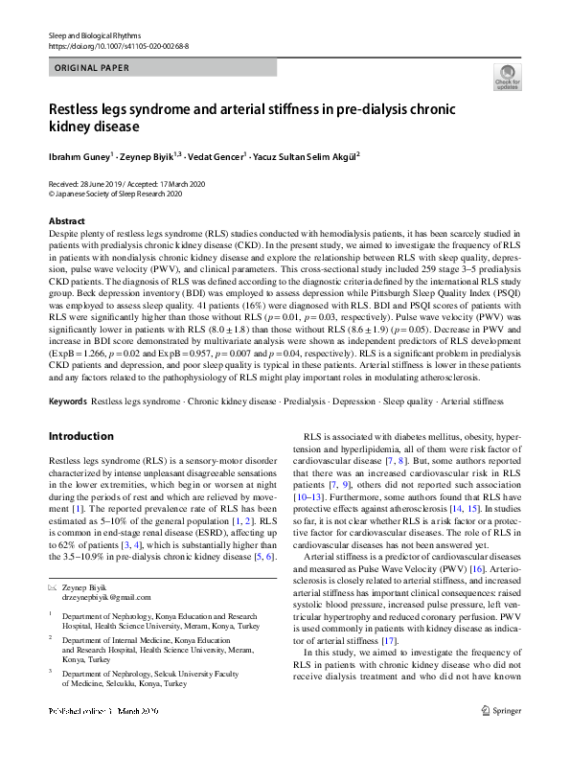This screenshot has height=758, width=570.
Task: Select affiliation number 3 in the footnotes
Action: [52, 674]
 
